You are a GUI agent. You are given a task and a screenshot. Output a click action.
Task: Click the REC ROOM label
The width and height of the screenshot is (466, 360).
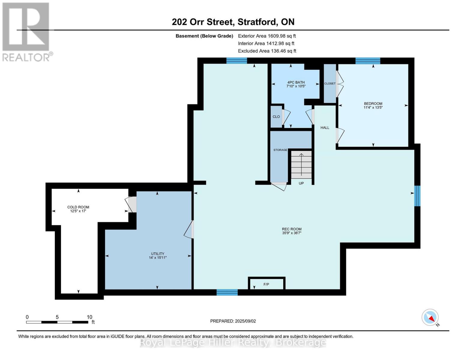click(291, 229)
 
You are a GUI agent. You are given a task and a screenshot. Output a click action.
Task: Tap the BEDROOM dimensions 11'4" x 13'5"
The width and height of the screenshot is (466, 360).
click(373, 107)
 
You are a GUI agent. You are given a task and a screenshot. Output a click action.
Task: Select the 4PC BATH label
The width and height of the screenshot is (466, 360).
click(296, 82)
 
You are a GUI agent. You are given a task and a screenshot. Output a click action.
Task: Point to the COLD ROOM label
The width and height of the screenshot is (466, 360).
click(78, 207)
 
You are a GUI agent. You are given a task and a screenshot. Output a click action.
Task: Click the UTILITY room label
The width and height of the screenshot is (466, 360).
click(158, 253)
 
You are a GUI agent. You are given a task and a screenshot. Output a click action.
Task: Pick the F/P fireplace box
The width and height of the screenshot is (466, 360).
click(266, 283)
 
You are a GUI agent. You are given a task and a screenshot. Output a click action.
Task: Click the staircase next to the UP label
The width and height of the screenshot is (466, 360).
click(301, 165)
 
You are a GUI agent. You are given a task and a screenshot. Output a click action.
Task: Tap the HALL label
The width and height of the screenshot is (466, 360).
click(325, 127)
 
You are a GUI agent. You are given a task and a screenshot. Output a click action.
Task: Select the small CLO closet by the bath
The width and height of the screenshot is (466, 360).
click(276, 116)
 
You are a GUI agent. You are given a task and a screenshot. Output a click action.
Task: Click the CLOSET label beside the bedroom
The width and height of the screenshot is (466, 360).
click(330, 83)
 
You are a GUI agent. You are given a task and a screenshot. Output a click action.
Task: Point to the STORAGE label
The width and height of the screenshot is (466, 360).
click(280, 150)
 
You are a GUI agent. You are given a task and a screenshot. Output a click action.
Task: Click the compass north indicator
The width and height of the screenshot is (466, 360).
click(430, 317)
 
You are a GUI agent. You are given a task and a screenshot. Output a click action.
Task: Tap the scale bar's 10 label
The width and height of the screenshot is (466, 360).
click(89, 317)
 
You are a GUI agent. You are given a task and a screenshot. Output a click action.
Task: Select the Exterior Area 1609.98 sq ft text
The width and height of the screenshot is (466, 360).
click(267, 36)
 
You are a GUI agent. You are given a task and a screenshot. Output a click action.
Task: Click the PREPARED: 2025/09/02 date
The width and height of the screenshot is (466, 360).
click(233, 321)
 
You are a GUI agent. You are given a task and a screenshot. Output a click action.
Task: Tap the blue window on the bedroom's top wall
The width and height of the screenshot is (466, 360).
click(368, 61)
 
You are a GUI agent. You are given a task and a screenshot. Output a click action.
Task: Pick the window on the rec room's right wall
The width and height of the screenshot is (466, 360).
click(417, 196)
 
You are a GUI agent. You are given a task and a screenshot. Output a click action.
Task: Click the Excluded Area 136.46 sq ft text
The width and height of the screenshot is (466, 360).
click(267, 51)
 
